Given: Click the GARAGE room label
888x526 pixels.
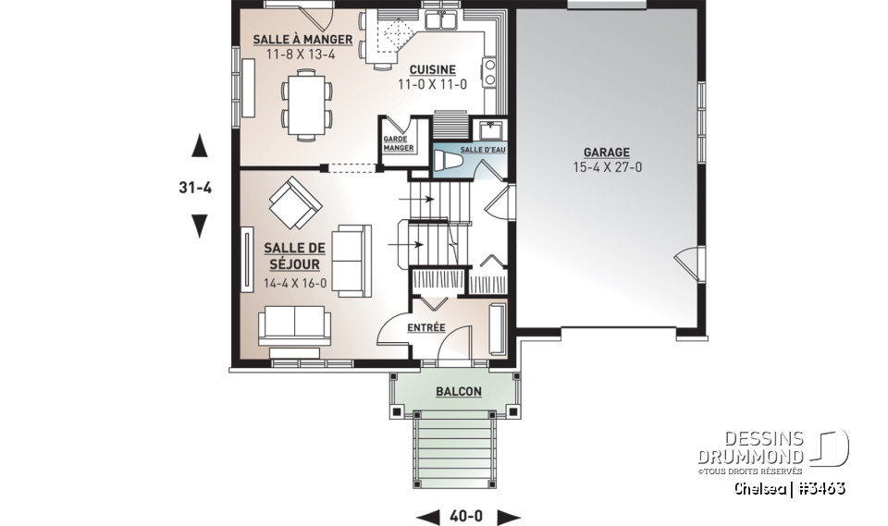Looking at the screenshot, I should pyautogui.click(x=606, y=153).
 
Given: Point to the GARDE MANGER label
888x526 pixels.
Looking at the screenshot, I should pyautogui.click(x=396, y=143).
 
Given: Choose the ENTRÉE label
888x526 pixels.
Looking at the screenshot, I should pyautogui.click(x=426, y=327).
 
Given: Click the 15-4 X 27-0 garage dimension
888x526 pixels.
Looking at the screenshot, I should pyautogui.click(x=606, y=168).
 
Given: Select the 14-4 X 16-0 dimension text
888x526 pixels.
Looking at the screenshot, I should pyautogui.click(x=295, y=283).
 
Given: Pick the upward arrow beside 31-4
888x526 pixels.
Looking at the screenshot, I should pyautogui.click(x=198, y=146).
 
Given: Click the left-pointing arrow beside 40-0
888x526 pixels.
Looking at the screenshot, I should pyautogui.click(x=427, y=516).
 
